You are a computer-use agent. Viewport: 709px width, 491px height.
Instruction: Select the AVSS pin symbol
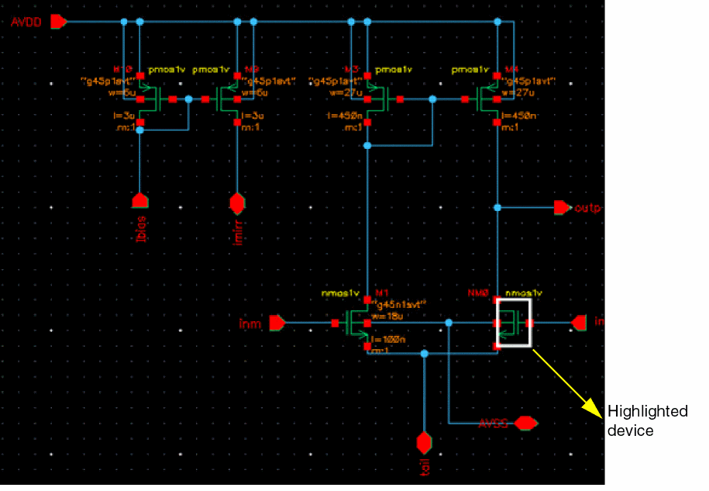pyautogui.click(x=525, y=423)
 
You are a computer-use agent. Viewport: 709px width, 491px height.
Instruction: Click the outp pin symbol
pyautogui.click(x=561, y=207)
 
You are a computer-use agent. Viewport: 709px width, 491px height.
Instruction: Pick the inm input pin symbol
pyautogui.click(x=277, y=322)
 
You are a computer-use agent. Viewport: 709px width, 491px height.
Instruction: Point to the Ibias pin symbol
pyautogui.click(x=139, y=201)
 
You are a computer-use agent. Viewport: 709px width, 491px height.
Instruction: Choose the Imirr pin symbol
pyautogui.click(x=237, y=203)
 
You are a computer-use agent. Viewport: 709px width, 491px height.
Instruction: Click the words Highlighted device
pyautogui.click(x=647, y=420)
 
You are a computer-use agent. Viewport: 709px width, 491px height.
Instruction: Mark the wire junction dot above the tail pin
pyautogui.click(x=424, y=354)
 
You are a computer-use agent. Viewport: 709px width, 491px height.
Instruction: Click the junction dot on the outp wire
pyautogui.click(x=497, y=207)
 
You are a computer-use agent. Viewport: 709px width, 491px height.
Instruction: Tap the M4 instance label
pyautogui.click(x=510, y=70)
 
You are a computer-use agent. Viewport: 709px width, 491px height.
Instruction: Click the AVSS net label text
pyautogui.click(x=492, y=424)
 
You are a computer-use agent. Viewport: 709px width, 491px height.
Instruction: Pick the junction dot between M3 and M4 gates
pyautogui.click(x=432, y=99)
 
